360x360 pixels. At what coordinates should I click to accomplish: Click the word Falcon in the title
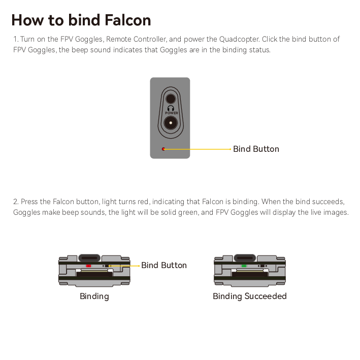tap(127, 20)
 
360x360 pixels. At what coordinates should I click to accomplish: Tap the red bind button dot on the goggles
tap(163, 149)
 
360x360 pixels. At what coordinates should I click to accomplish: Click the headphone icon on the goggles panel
tap(171, 108)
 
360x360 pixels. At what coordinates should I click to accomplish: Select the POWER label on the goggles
tap(172, 113)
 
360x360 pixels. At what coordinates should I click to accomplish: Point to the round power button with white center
tap(171, 123)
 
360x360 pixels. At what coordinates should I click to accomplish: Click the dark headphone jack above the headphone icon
tap(171, 99)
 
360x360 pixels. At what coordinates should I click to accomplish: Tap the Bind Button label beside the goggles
tap(256, 149)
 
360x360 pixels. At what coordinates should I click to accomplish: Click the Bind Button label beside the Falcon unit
tap(164, 265)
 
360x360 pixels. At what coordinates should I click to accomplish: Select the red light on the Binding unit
tap(88, 266)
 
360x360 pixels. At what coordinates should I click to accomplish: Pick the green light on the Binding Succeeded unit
tap(244, 266)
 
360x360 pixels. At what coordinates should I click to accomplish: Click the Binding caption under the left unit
tap(94, 297)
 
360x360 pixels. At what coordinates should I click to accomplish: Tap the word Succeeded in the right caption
tap(266, 296)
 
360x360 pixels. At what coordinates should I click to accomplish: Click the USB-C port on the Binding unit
tap(89, 258)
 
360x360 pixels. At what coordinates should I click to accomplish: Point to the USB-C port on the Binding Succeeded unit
tap(245, 258)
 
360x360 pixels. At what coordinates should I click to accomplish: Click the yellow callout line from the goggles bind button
tap(198, 149)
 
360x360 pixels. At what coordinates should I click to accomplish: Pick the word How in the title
tap(27, 20)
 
